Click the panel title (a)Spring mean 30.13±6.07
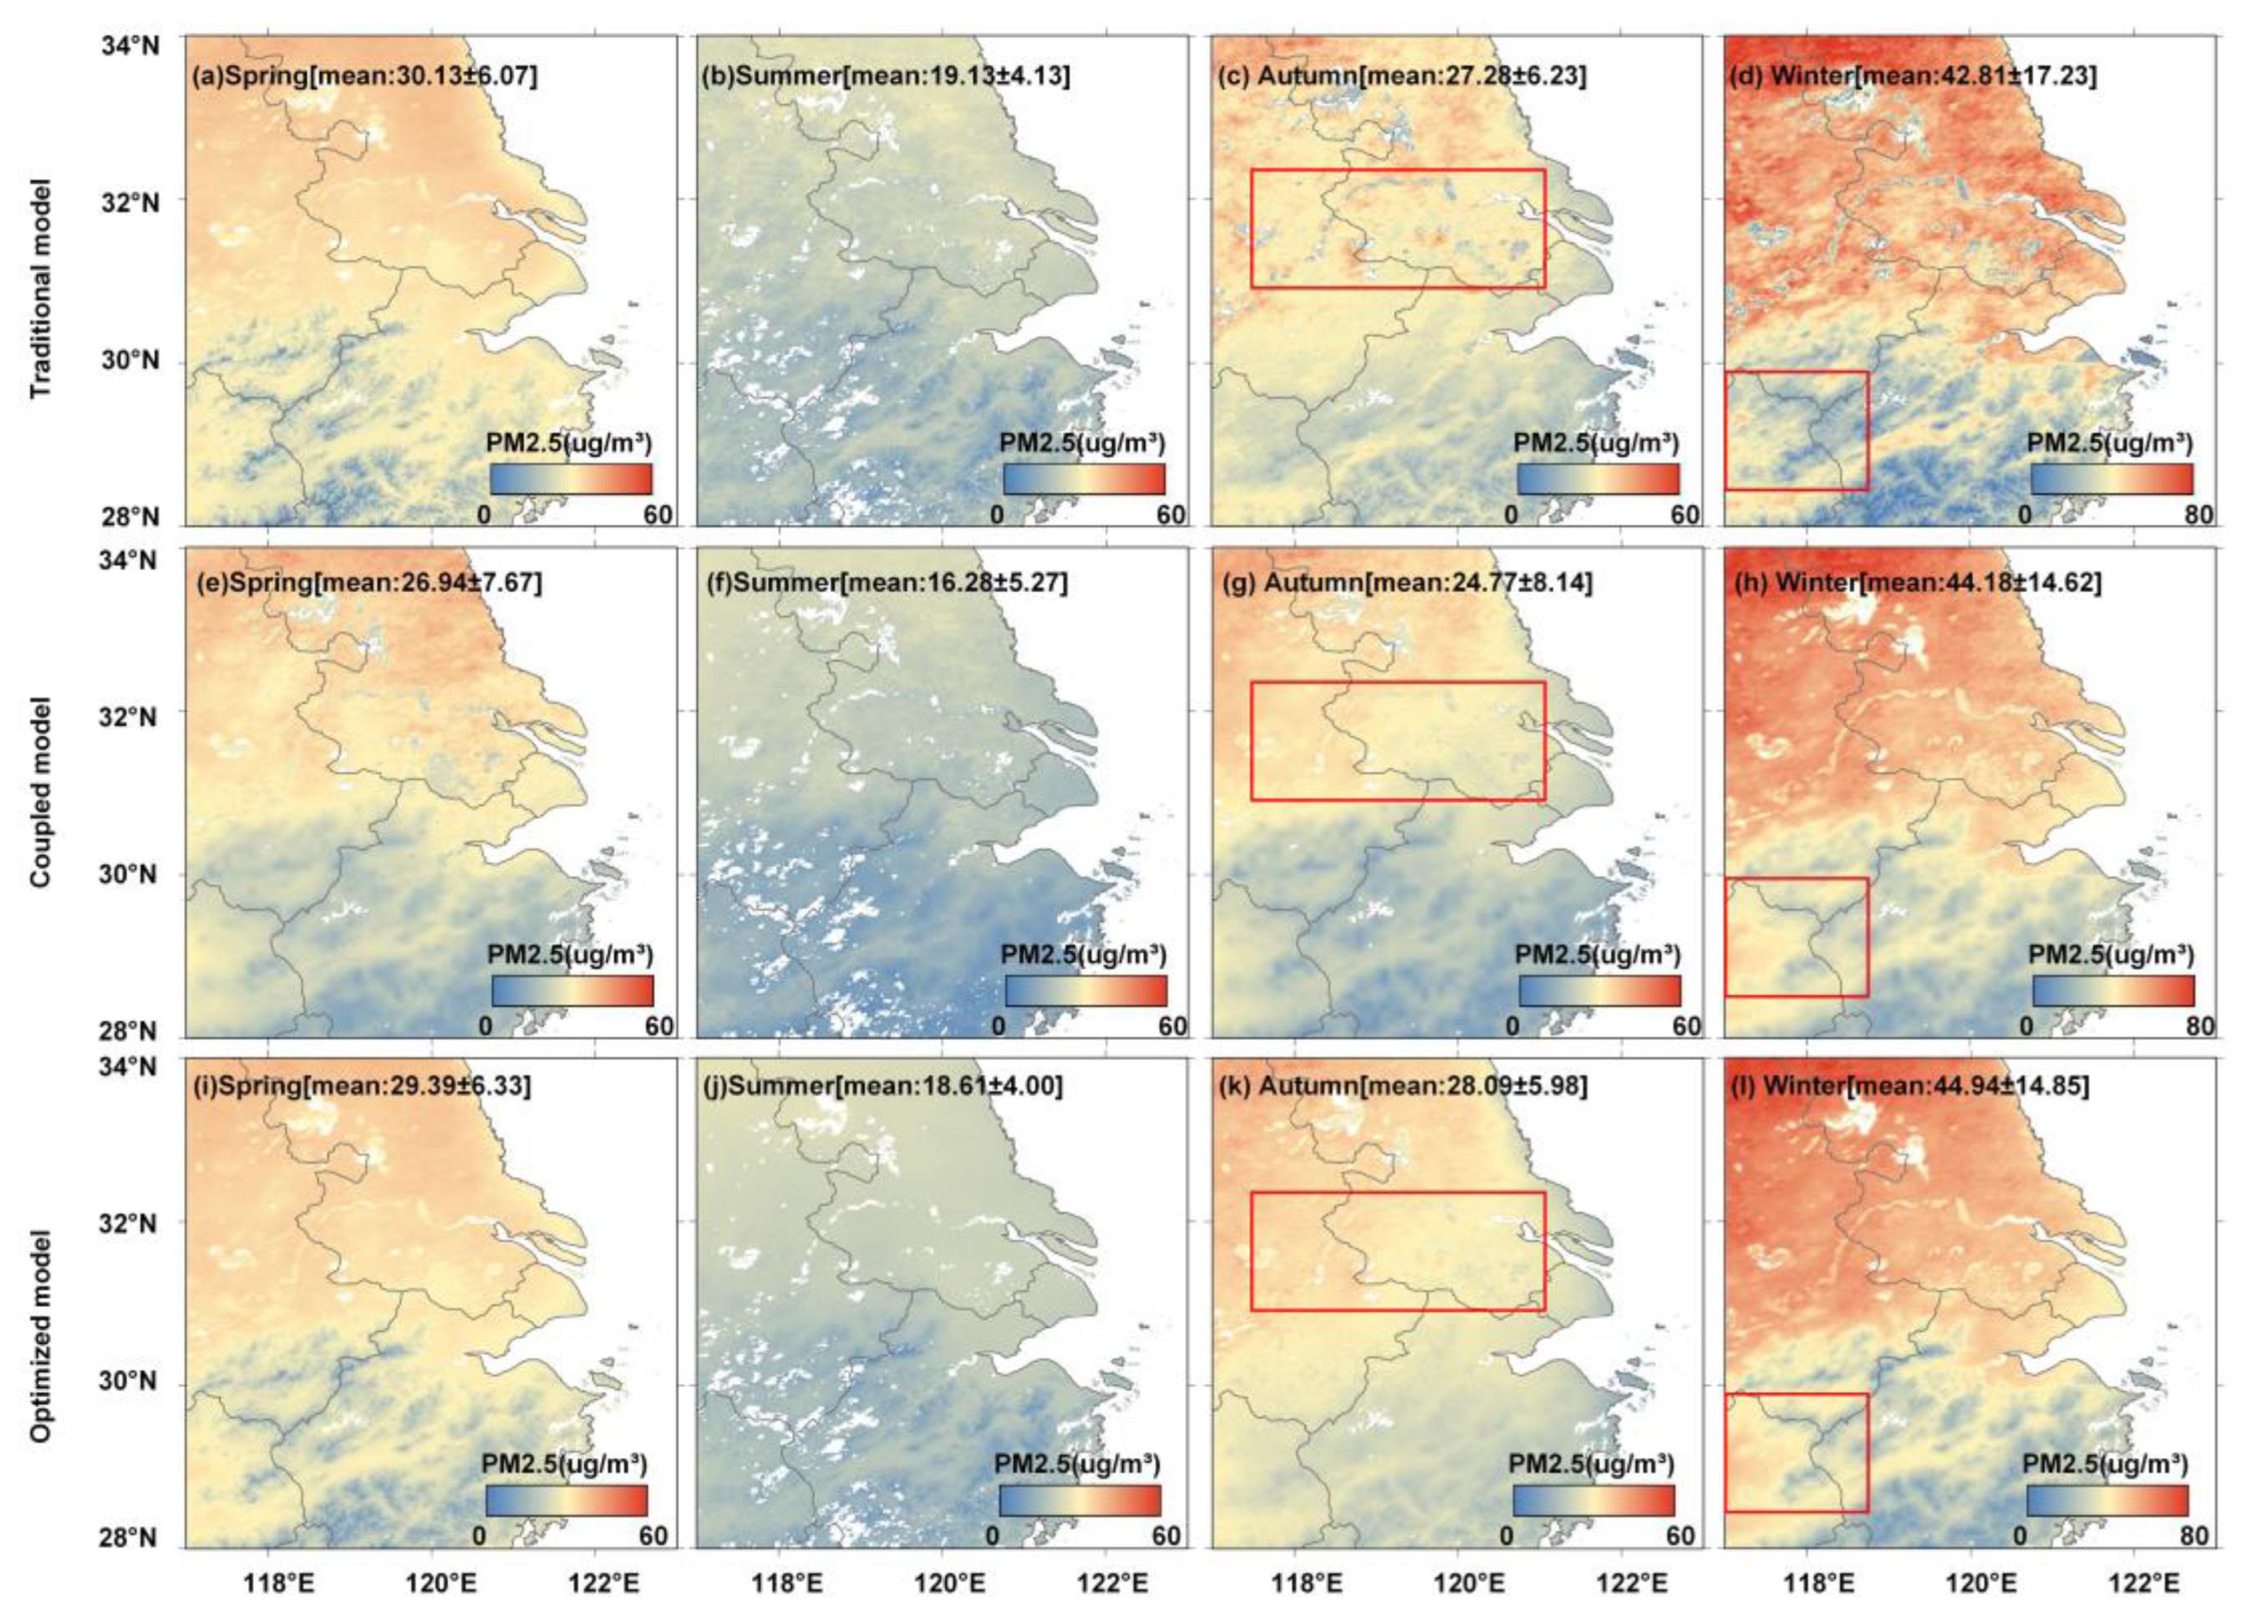coord(364,75)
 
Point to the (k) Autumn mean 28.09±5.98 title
coord(1402,1086)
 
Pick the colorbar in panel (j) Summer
coord(1080,1500)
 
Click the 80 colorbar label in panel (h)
coord(2200,1025)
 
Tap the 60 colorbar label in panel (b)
coord(1171,515)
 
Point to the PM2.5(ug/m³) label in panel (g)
coord(1598,954)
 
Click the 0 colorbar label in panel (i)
coord(480,1537)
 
